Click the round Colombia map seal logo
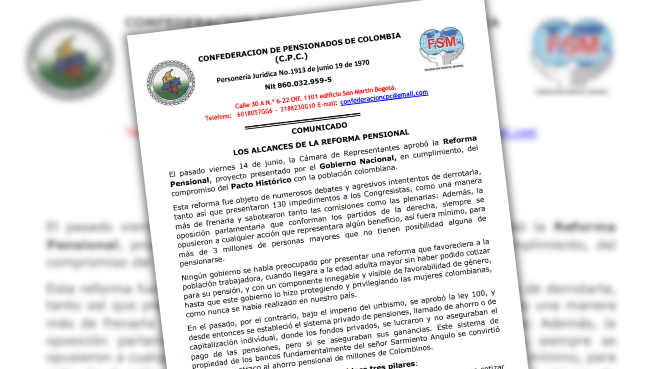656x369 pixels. click(x=170, y=83)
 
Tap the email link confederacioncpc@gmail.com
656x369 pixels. click(x=384, y=97)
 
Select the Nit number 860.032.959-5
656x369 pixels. click(x=298, y=82)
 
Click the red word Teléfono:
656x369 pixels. click(x=218, y=117)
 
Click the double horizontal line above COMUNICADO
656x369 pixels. click(x=302, y=121)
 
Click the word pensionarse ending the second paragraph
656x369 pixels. click(x=202, y=261)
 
